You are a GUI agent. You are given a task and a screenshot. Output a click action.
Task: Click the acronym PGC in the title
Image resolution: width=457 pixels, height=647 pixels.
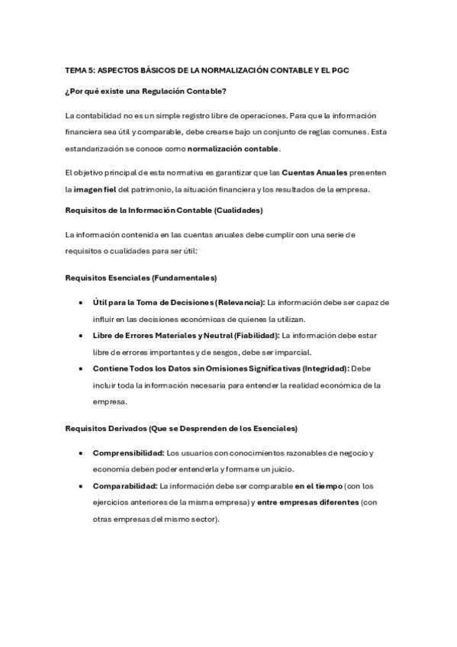(340, 69)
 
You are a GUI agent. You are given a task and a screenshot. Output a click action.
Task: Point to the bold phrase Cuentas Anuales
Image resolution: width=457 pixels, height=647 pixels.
(307, 173)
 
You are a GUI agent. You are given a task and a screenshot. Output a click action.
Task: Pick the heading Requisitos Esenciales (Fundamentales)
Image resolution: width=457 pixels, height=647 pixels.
(141, 277)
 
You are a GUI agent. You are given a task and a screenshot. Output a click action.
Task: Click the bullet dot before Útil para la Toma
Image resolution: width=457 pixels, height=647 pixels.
(81, 302)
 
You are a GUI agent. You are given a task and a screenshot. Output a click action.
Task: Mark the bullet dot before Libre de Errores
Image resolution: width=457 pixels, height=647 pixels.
(81, 335)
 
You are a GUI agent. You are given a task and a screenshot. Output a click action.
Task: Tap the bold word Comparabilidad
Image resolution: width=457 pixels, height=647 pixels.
(124, 485)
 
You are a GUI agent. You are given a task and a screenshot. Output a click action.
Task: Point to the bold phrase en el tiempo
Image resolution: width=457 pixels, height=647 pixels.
(319, 485)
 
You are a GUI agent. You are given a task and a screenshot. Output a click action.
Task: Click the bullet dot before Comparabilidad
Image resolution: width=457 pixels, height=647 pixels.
(81, 485)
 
